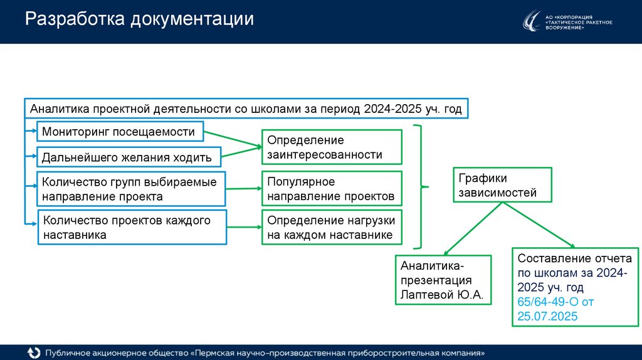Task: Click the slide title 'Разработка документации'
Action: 139,19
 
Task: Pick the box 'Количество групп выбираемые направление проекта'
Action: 130,189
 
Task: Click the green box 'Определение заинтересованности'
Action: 331,147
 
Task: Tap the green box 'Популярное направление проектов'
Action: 331,189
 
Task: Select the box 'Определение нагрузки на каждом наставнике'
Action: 331,228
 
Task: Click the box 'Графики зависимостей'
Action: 502,185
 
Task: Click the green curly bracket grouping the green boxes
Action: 421,187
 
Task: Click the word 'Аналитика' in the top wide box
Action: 60,109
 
